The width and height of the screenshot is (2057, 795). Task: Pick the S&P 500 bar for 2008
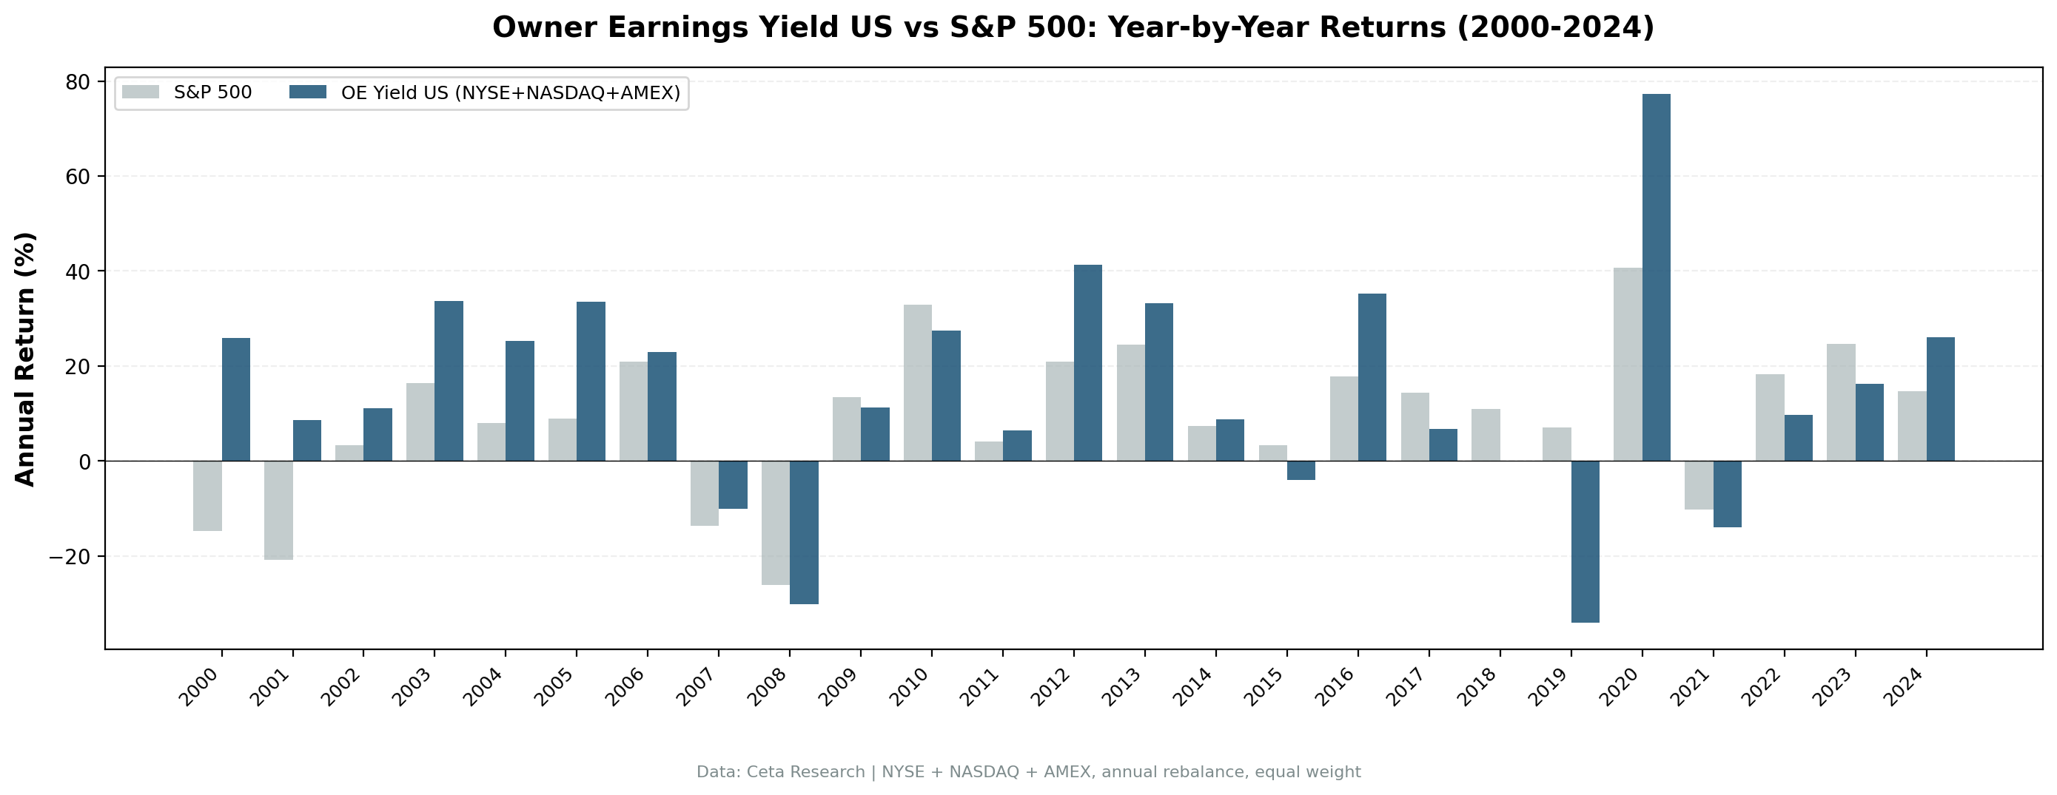coord(776,523)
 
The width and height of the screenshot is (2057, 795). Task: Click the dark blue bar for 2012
coord(1087,362)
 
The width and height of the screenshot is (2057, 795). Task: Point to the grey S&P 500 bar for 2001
coord(279,510)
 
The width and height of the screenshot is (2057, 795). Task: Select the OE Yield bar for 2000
coord(235,399)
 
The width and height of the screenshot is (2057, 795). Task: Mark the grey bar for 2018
coord(1486,435)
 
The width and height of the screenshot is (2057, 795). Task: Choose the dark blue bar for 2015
coord(1301,470)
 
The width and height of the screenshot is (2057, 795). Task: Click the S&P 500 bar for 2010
coord(918,382)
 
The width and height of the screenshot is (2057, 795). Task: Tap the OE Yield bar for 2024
coord(1940,399)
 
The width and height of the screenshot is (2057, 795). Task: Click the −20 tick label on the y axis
coord(70,556)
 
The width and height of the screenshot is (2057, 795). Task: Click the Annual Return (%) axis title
coord(26,359)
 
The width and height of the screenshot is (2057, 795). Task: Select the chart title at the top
coord(1073,27)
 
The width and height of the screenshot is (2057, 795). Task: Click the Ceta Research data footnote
coord(1029,772)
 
